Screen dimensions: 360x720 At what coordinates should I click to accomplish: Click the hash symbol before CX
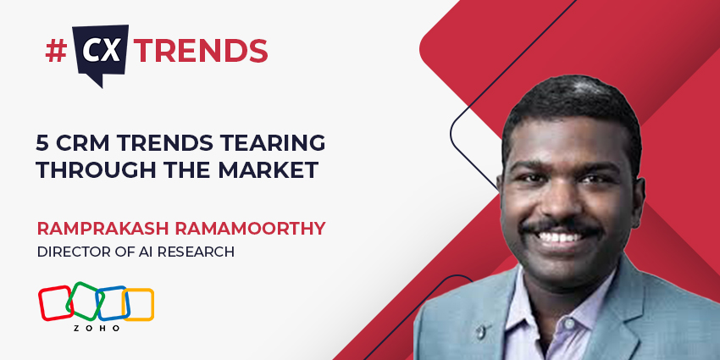point(55,51)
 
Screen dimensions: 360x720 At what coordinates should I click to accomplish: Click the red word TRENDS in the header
point(202,52)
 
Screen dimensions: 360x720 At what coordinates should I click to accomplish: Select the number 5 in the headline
point(42,142)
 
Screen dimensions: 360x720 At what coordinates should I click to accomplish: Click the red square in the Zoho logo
point(55,302)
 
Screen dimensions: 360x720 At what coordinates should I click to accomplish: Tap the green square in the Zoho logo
point(85,300)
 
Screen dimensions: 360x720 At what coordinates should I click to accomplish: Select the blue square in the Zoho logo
point(112,302)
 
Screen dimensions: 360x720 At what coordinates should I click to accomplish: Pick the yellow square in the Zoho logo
point(138,304)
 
